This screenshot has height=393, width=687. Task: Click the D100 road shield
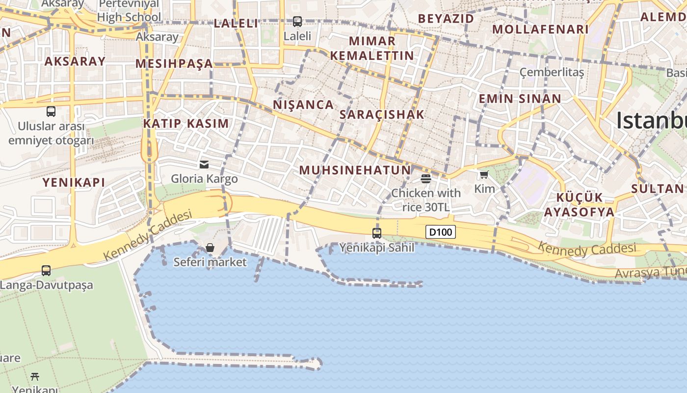440,232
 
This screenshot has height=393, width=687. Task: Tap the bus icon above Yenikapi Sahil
377,233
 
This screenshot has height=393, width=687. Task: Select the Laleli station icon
297,22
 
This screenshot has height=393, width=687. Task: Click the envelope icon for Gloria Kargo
204,164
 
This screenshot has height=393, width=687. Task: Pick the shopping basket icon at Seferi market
210,248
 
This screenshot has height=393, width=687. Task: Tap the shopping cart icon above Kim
484,174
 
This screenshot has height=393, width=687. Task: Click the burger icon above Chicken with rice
425,178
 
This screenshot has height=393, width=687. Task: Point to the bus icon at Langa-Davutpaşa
46,270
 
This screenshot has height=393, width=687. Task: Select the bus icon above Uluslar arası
51,112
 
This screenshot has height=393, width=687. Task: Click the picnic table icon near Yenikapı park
35,377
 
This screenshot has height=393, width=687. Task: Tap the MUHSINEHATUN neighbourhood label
355,170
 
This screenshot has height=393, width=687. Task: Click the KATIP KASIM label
186,123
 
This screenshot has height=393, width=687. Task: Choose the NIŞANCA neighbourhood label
303,105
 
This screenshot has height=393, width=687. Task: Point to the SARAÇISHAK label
382,114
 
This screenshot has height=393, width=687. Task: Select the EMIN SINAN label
520,99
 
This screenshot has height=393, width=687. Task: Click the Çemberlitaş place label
552,73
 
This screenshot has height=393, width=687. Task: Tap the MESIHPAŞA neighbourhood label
174,63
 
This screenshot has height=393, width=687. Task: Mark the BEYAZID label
446,19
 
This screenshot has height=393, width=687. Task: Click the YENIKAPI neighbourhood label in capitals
74,182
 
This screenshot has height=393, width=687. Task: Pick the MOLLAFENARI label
540,29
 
